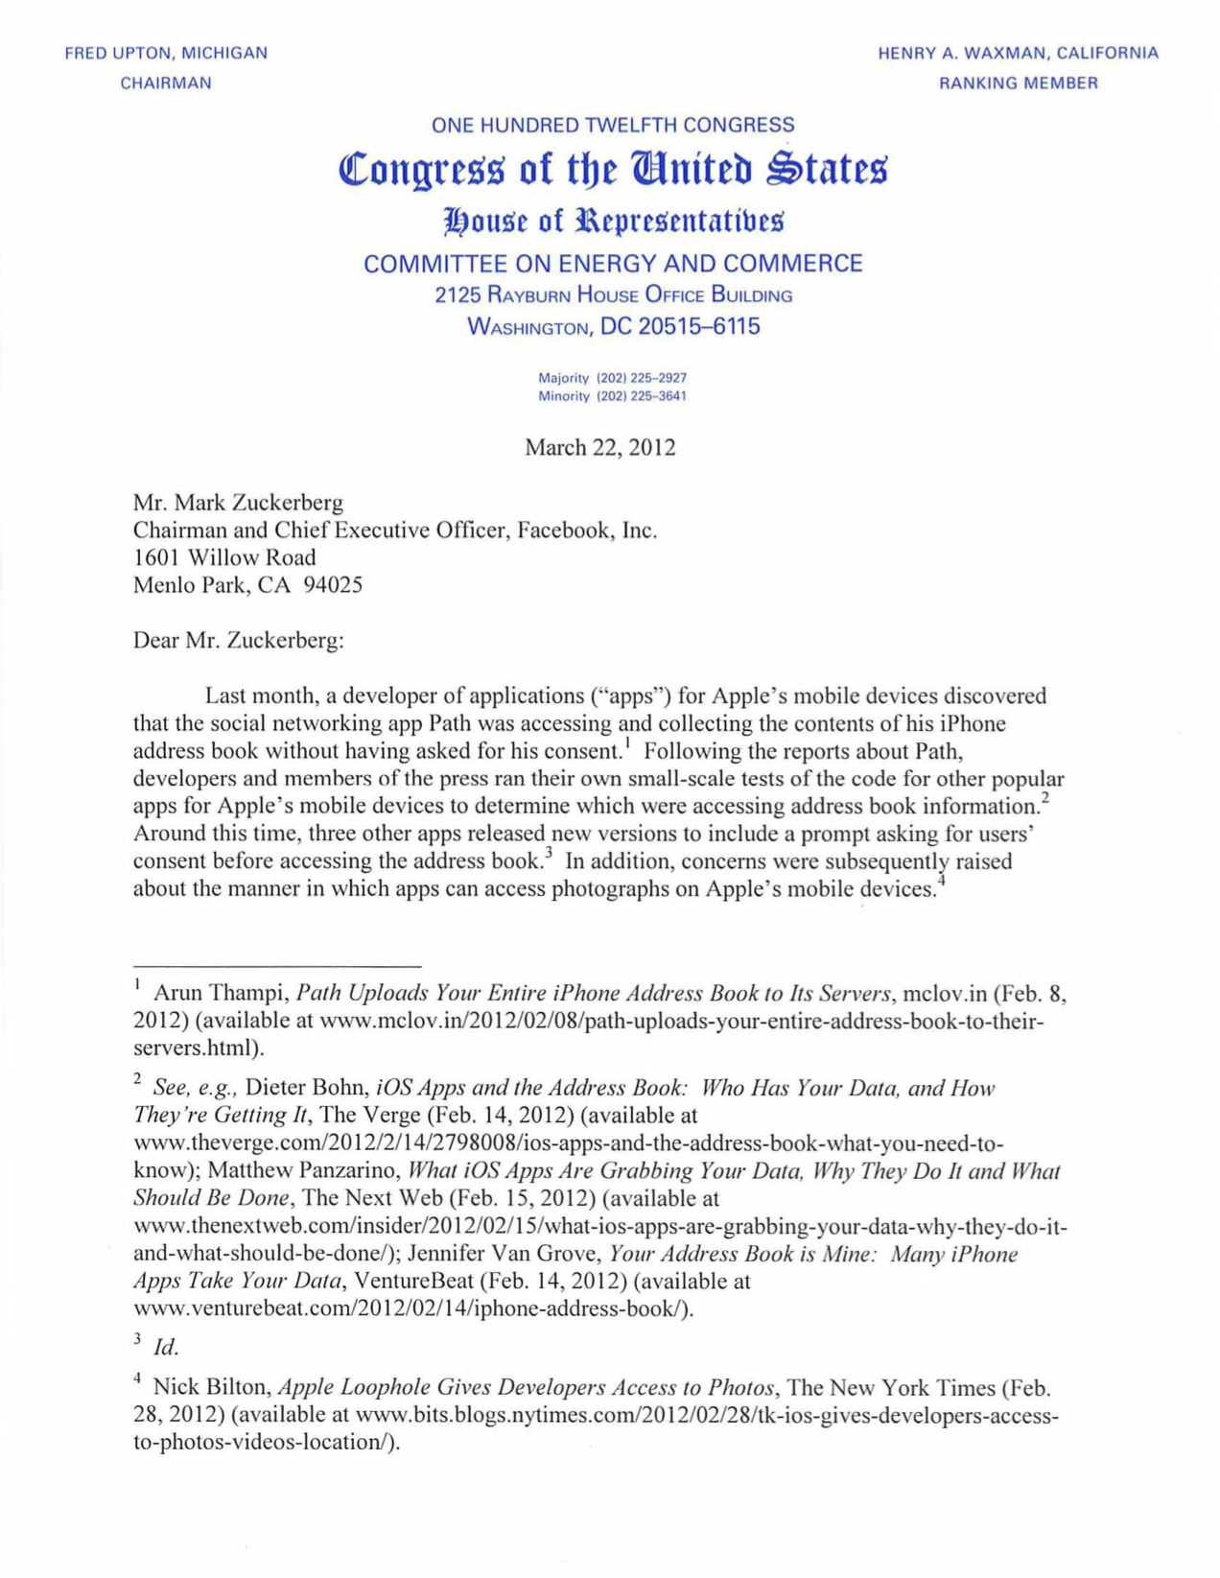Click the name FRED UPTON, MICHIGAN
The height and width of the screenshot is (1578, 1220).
[166, 54]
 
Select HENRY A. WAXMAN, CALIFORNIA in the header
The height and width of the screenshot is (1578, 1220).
[1018, 54]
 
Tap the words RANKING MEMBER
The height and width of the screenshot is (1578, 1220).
[1018, 83]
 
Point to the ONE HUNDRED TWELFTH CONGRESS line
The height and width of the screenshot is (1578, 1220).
[613, 125]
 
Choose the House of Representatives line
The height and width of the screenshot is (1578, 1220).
[613, 221]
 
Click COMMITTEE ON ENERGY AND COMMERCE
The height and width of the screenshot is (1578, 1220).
[613, 264]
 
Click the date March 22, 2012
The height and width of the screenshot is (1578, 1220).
[599, 448]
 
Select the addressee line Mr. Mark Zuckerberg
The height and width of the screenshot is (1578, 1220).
[238, 503]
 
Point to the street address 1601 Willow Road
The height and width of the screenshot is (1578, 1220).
[224, 557]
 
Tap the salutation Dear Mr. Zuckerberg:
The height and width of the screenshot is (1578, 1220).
[238, 640]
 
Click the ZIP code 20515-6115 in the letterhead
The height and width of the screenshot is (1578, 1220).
[680, 327]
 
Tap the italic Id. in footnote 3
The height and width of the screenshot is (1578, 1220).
[166, 1348]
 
